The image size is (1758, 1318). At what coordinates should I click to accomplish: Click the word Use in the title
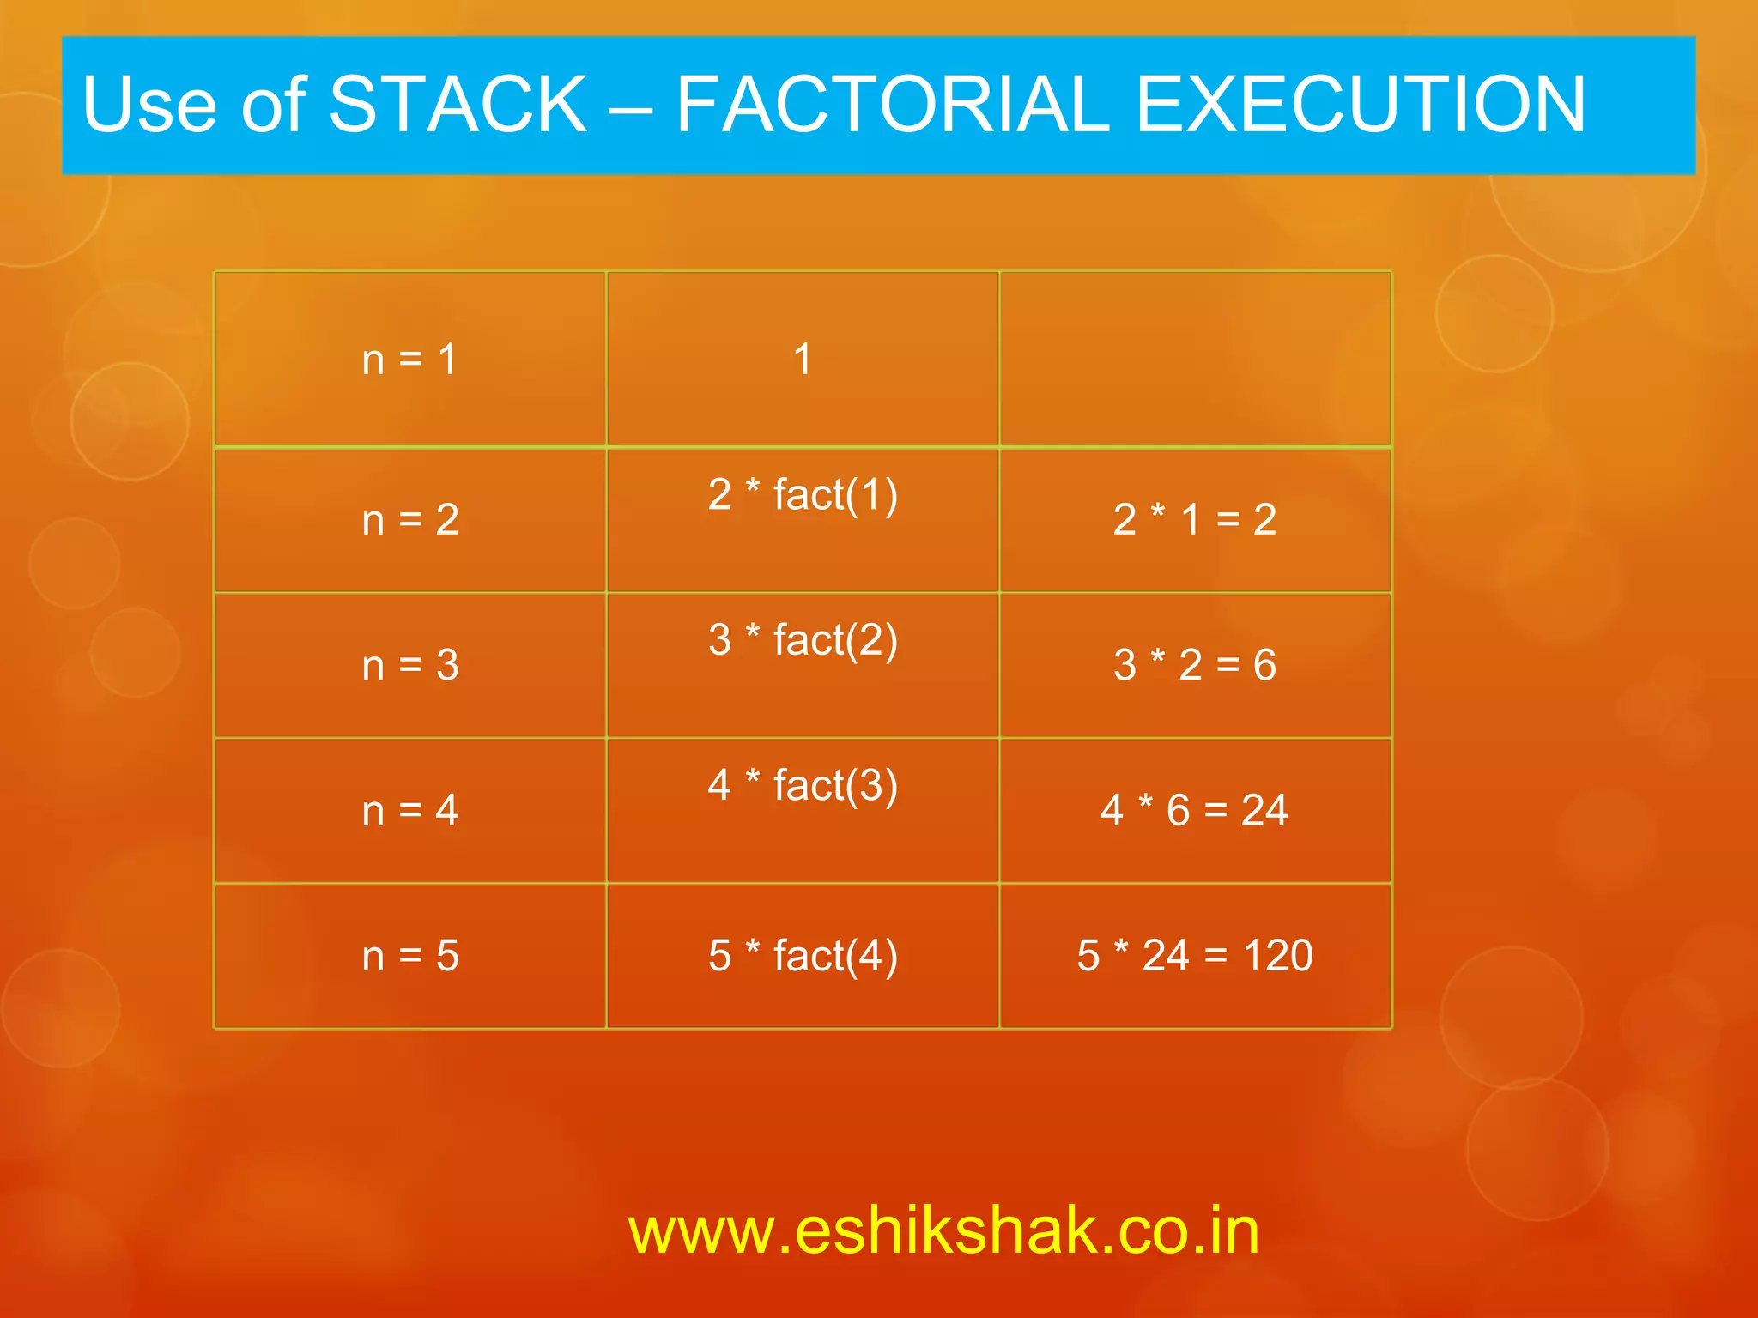point(149,106)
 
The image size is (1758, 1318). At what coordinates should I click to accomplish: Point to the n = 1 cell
point(409,360)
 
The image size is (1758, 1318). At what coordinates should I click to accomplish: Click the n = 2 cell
point(409,520)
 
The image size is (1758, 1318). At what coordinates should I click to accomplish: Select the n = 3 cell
point(409,665)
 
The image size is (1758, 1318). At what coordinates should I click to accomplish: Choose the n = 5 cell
point(409,956)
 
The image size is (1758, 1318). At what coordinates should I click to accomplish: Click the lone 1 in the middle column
point(803,359)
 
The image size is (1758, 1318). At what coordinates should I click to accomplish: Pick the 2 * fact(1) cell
point(803,495)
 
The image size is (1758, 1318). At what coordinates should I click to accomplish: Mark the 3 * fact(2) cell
point(803,640)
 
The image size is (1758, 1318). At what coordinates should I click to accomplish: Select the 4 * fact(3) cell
point(803,786)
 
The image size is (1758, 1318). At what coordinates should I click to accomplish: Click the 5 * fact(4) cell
point(803,956)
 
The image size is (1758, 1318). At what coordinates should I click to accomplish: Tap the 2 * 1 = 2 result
point(1195,520)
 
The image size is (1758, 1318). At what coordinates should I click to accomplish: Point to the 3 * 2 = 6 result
point(1195,665)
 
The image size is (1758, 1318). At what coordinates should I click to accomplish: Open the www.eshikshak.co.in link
point(943,1231)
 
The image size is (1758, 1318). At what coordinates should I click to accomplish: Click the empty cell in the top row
point(1195,359)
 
